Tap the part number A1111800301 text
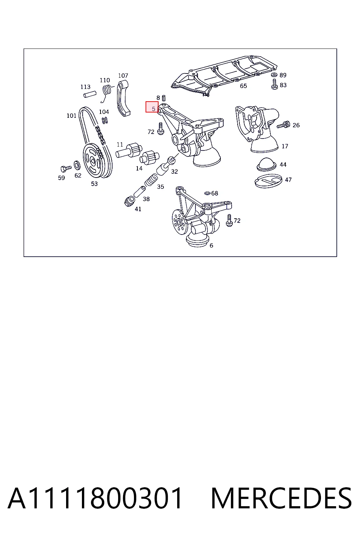95,498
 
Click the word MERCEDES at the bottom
281,498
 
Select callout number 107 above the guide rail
123,76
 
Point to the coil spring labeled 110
106,92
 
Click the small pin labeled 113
90,94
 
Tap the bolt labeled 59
66,168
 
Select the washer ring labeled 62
77,165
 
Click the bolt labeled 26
284,125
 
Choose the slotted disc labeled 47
268,181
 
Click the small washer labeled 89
274,75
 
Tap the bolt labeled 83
275,84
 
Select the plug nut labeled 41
130,201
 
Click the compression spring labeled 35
151,181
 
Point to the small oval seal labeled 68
207,193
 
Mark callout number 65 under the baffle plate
243,86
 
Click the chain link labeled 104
105,120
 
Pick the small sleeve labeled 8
163,98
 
